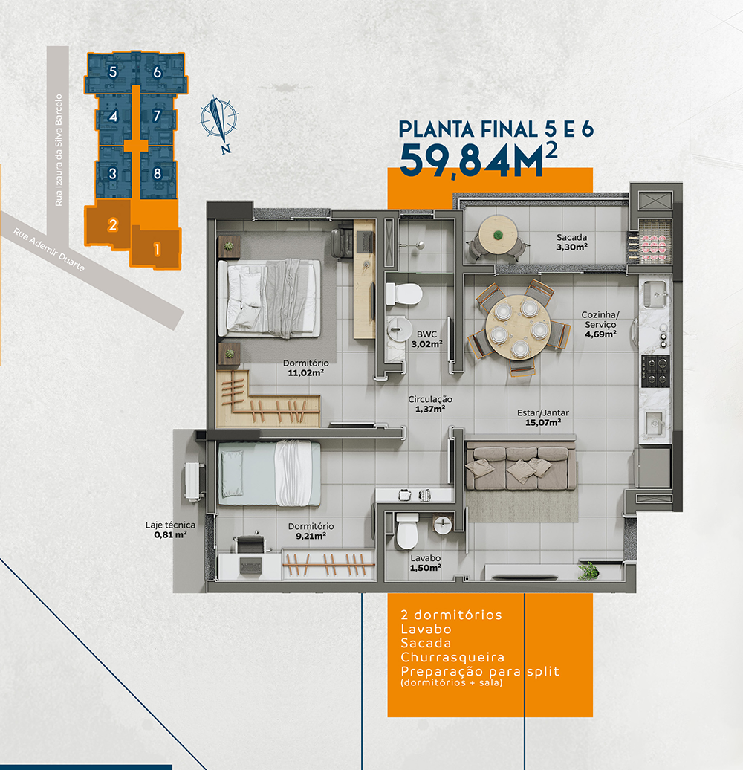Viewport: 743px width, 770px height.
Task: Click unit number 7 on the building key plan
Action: [x=157, y=116]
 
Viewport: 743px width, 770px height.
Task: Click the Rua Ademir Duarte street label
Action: [x=48, y=250]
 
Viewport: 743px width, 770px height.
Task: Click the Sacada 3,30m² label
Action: [x=571, y=242]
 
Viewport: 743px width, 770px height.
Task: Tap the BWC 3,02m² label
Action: [x=426, y=340]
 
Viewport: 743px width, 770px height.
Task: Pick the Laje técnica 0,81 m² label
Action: [x=170, y=530]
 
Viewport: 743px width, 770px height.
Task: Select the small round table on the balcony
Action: [x=498, y=235]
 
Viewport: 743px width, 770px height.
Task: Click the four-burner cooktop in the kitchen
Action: [x=655, y=372]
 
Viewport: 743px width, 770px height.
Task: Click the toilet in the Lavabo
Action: [x=407, y=531]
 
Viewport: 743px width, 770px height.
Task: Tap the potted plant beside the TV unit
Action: [x=588, y=571]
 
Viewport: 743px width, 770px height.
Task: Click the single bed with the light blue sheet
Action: [x=269, y=473]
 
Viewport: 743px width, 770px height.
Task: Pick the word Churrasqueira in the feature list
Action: [x=452, y=657]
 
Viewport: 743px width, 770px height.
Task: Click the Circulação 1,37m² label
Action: [x=430, y=404]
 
